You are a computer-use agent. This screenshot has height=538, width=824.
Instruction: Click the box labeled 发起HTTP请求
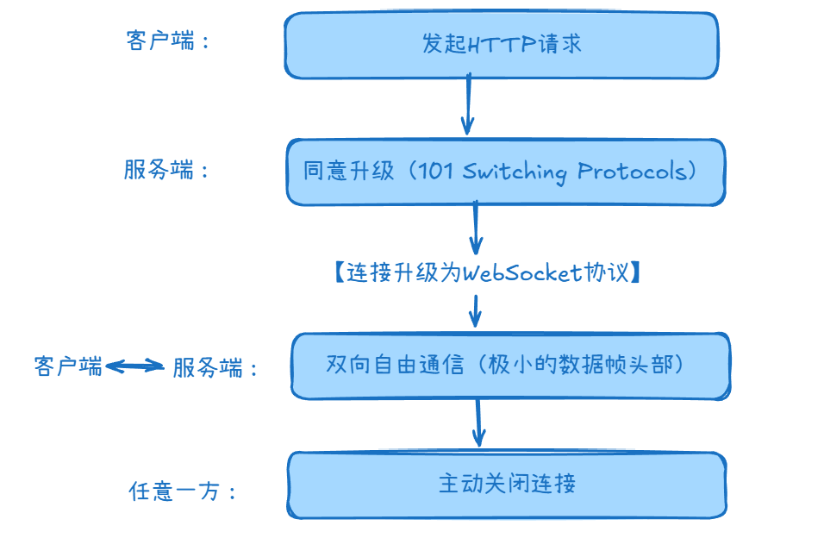pyautogui.click(x=501, y=45)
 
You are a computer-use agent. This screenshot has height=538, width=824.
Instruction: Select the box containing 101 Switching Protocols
pyautogui.click(x=505, y=172)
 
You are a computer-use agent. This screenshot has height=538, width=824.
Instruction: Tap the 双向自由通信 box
pyautogui.click(x=510, y=366)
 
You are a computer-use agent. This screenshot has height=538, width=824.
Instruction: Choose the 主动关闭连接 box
pyautogui.click(x=506, y=484)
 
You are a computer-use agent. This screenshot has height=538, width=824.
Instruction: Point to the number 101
pyautogui.click(x=435, y=172)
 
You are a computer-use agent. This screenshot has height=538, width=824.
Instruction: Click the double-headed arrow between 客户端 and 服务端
pyautogui.click(x=134, y=366)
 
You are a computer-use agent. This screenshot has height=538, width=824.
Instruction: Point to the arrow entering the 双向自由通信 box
pyautogui.click(x=475, y=310)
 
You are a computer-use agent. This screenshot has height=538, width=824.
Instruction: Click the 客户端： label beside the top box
pyautogui.click(x=167, y=42)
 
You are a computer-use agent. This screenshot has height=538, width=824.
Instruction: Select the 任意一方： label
pyautogui.click(x=182, y=491)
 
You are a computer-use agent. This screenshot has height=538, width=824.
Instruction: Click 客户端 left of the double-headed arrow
pyautogui.click(x=68, y=366)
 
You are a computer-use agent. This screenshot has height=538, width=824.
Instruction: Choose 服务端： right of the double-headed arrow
pyautogui.click(x=215, y=368)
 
